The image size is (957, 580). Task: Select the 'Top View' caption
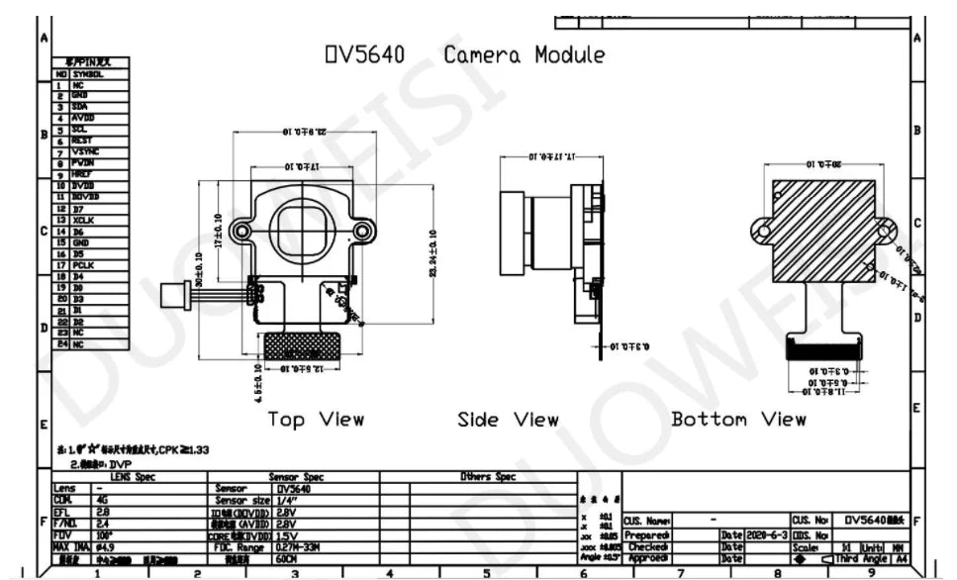(316, 420)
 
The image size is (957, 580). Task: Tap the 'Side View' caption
(508, 420)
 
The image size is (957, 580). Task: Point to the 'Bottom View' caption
(738, 420)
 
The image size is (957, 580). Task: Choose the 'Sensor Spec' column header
(297, 477)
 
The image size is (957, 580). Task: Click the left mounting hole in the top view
(240, 231)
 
